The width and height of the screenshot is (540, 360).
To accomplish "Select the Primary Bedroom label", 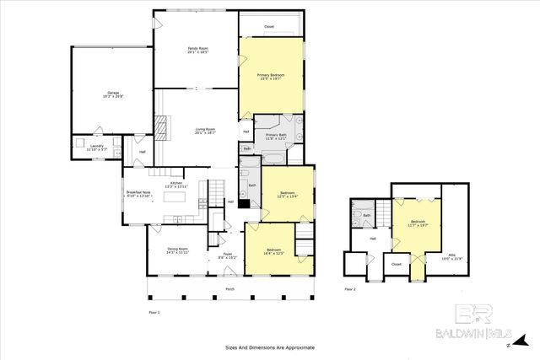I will tap(271, 78).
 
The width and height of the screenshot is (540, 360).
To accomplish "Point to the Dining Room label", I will tap(177, 250).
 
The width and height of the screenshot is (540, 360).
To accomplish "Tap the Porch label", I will tap(229, 288).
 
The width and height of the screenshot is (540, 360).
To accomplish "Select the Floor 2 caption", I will tap(350, 288).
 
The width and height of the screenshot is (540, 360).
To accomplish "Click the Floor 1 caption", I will tap(154, 311).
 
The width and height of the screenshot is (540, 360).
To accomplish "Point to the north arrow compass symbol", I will tap(509, 345).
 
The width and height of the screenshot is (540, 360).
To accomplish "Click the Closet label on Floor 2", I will tap(397, 264).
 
